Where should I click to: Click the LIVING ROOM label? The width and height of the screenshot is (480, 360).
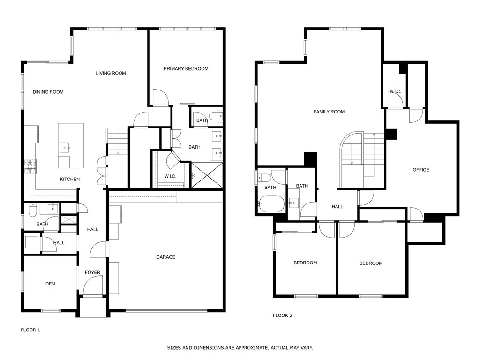click(111, 73)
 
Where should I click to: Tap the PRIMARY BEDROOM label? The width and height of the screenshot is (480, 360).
click(186, 69)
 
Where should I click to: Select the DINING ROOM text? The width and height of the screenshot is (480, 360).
click(48, 92)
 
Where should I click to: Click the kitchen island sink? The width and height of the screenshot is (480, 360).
click(65, 147)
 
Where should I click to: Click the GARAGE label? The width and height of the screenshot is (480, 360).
click(165, 257)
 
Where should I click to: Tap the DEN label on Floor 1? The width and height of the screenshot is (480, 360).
click(50, 284)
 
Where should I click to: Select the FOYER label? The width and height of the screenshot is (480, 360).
click(92, 272)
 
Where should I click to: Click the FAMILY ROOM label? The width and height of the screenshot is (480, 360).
click(329, 112)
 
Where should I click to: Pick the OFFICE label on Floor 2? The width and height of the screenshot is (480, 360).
click(420, 170)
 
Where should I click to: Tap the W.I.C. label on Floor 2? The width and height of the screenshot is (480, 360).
click(395, 91)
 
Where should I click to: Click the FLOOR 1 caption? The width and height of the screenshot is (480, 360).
click(30, 330)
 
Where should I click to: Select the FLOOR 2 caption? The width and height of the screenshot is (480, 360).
click(283, 315)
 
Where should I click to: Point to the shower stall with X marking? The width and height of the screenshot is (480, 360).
click(206, 175)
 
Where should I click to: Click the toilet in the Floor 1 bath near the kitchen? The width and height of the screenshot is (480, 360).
click(31, 212)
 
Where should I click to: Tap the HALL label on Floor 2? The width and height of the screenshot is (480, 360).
click(337, 207)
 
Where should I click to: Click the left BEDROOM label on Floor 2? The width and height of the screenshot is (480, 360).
click(305, 263)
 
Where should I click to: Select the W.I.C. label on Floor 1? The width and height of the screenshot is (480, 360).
click(170, 176)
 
